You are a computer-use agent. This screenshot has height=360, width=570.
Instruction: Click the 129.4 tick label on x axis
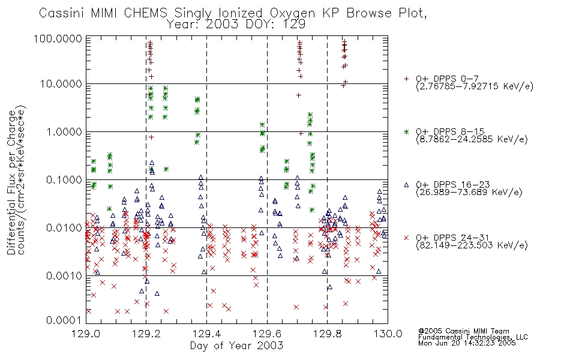pyautogui.click(x=206, y=334)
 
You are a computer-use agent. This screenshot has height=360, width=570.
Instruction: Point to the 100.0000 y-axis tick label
pyautogui.click(x=58, y=38)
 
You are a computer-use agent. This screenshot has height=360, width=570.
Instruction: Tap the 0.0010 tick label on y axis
pyautogui.click(x=64, y=276)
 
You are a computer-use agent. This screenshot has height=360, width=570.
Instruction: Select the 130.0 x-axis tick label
pyautogui.click(x=388, y=334)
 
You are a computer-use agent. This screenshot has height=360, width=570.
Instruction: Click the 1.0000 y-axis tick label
pyautogui.click(x=64, y=131)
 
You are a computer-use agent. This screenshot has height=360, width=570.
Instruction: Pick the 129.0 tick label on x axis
pyautogui.click(x=86, y=334)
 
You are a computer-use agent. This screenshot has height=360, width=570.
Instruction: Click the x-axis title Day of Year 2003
pyautogui.click(x=236, y=346)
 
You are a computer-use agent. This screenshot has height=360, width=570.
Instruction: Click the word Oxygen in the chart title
pyautogui.click(x=292, y=13)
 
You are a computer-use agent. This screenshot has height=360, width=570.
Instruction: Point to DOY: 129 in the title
pyautogui.click(x=275, y=25)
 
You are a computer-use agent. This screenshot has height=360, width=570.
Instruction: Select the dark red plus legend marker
pyautogui.click(x=406, y=79)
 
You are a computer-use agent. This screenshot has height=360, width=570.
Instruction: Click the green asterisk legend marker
pyautogui.click(x=406, y=131)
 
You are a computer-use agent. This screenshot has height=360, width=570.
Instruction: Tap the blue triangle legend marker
pyautogui.click(x=406, y=185)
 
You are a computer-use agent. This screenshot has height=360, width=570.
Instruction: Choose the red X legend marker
pyautogui.click(x=406, y=238)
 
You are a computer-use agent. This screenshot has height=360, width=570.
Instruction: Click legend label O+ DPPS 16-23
pyautogui.click(x=453, y=185)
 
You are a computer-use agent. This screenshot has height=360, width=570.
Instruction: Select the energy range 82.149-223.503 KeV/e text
pyautogui.click(x=472, y=245)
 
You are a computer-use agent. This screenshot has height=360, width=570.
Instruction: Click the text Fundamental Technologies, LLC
pyautogui.click(x=473, y=337)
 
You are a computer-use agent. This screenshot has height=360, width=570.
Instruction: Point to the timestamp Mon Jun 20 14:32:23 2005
pyautogui.click(x=467, y=343)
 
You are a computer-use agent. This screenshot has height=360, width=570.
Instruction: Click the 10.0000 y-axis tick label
pyautogui.click(x=61, y=84)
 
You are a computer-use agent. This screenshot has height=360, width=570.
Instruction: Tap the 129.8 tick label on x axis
pyautogui.click(x=327, y=334)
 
